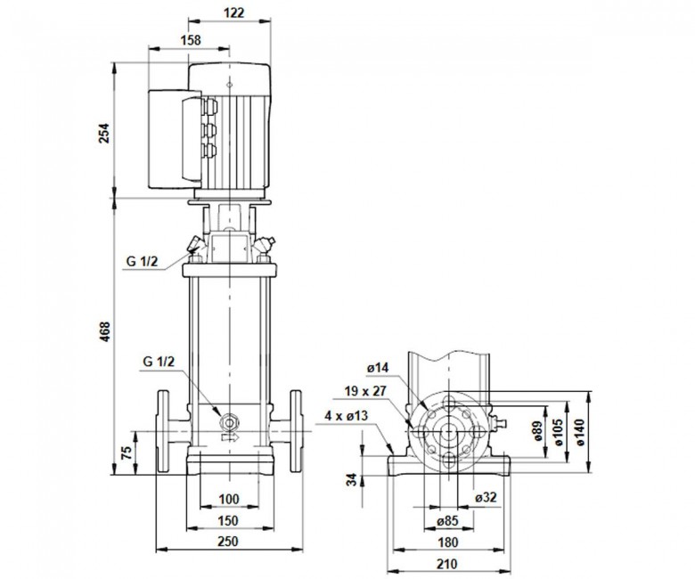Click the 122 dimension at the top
point(233,12)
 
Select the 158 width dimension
point(191,40)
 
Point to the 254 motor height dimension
point(103,133)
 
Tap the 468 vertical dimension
point(104,331)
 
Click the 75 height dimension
point(127,452)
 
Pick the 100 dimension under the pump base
point(229,499)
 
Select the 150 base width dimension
point(228,520)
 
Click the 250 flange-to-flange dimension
point(228,542)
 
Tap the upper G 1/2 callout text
point(142,261)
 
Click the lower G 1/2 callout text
point(159,362)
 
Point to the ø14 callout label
point(378,368)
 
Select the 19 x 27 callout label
point(365,391)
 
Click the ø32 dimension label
point(486,497)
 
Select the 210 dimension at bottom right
point(446,564)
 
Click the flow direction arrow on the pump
point(230,437)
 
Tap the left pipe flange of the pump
point(163,430)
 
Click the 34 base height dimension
point(351,480)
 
